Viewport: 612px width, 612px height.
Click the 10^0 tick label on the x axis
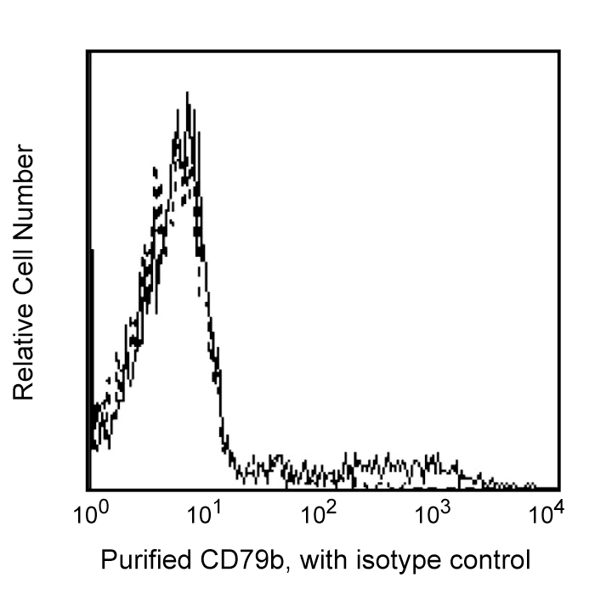click(x=89, y=514)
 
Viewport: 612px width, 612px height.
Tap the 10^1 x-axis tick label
click(x=204, y=514)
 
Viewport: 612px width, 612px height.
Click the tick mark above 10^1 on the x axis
click(x=204, y=486)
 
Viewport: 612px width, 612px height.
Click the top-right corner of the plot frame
click(x=559, y=51)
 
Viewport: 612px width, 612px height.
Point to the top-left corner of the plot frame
click(x=88, y=51)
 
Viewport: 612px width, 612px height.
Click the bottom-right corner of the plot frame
click(x=559, y=490)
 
